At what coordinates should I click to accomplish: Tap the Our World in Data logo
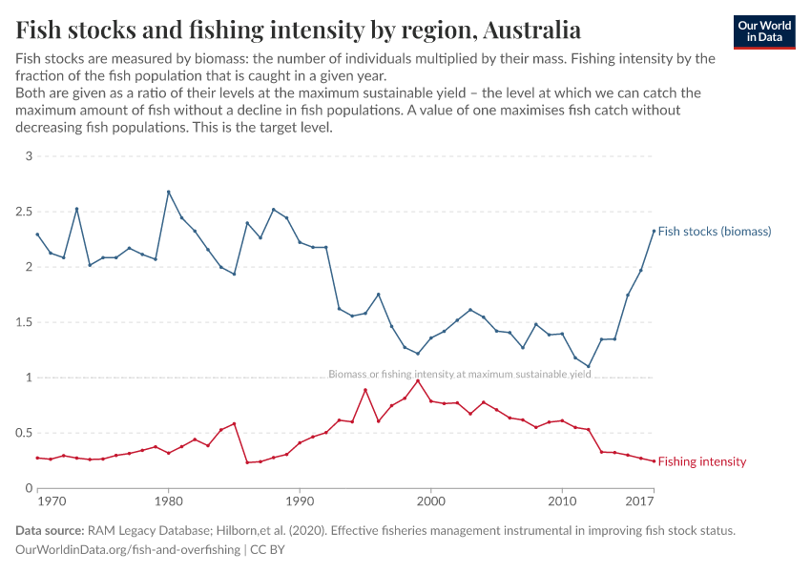(764, 31)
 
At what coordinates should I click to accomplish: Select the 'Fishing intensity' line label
(702, 461)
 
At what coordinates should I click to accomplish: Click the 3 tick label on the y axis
(29, 156)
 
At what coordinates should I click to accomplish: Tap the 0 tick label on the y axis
(29, 488)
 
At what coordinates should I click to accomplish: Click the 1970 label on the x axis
(51, 500)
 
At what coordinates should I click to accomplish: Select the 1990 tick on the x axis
(300, 500)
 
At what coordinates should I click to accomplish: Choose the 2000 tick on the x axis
(431, 500)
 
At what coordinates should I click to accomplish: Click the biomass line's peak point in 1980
(169, 192)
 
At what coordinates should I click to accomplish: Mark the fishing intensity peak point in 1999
(418, 380)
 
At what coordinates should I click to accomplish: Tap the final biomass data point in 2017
(654, 231)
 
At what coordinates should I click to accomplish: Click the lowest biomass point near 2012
(589, 366)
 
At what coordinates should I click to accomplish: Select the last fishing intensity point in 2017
(654, 461)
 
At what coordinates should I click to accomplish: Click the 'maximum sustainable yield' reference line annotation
(459, 375)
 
